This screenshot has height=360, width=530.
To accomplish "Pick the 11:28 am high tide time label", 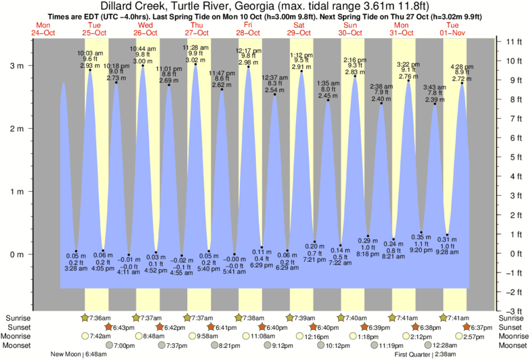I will click(x=196, y=47).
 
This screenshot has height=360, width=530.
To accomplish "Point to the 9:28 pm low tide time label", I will click(x=447, y=251).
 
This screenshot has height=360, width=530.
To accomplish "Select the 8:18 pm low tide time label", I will click(x=368, y=253).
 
